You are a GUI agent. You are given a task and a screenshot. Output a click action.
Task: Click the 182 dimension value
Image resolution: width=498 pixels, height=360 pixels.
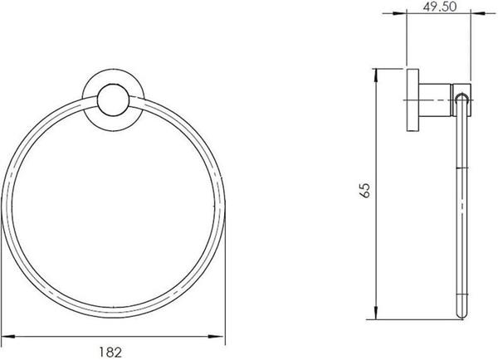pyautogui.click(x=110, y=352)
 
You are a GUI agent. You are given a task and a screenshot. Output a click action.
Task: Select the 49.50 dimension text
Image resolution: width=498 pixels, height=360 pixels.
pyautogui.click(x=440, y=6)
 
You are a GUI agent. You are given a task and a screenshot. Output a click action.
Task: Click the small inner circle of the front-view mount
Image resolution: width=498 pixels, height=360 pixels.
pyautogui.click(x=113, y=100)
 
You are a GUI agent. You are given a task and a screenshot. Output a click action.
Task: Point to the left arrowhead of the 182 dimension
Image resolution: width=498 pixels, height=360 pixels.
pyautogui.click(x=8, y=337)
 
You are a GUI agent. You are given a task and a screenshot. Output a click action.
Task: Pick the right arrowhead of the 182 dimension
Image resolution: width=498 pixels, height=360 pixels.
pyautogui.click(x=217, y=337)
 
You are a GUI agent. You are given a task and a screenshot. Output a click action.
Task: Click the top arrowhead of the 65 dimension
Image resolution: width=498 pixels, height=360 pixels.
pyautogui.click(x=376, y=75)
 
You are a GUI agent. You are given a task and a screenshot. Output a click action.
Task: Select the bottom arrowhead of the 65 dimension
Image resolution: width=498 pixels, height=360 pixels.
pyautogui.click(x=376, y=313)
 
